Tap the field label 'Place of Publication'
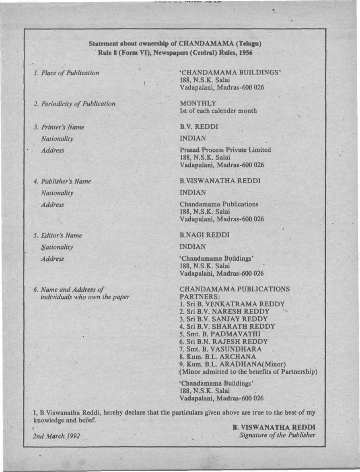[x=66, y=73]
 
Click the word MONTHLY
[x=198, y=103]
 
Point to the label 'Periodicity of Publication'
[x=74, y=104]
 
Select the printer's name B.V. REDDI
[x=200, y=127]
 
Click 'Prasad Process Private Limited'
[x=225, y=150]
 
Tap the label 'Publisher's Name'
[x=62, y=181]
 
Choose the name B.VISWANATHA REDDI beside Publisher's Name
[x=220, y=181]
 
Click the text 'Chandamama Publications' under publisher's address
[x=219, y=204]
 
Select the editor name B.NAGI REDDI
[x=205, y=235]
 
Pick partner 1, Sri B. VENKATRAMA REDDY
[x=232, y=304]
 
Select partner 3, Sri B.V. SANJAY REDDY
[x=224, y=319]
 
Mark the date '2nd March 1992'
[x=56, y=436]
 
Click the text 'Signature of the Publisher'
[x=277, y=435]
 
